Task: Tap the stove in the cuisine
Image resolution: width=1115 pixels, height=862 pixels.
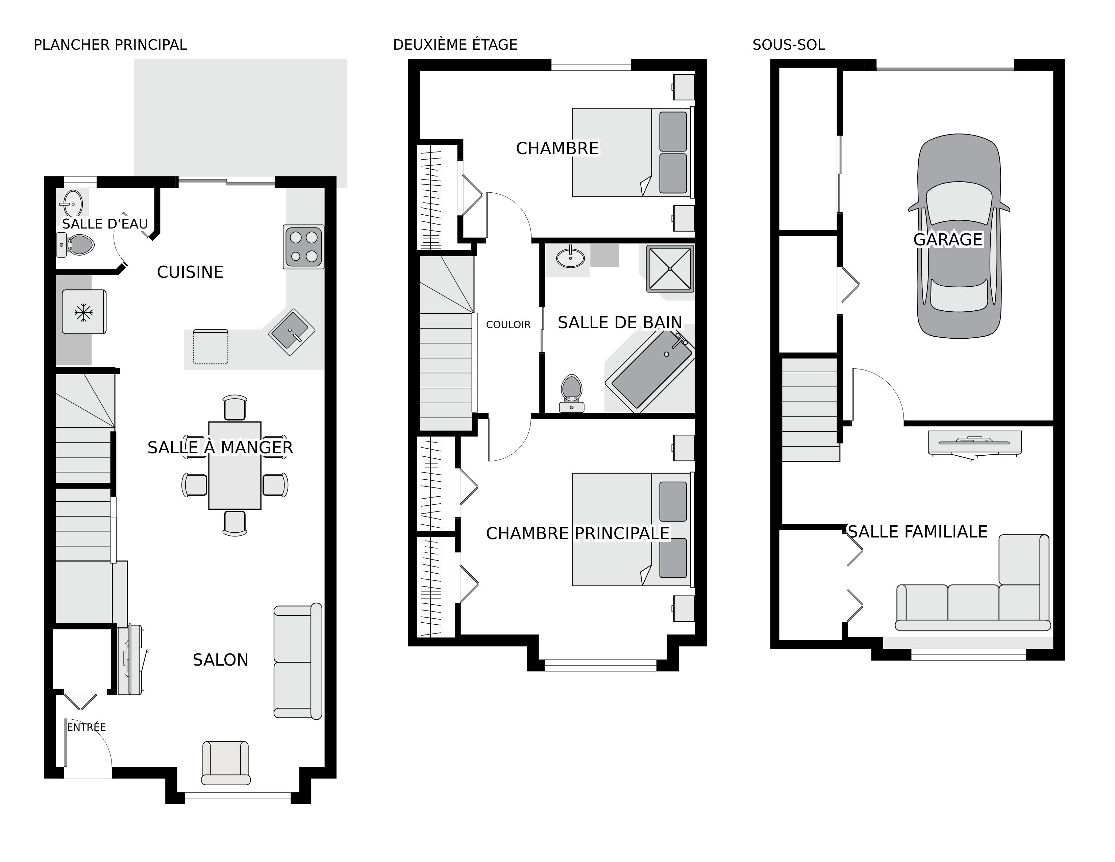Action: pyautogui.click(x=304, y=247)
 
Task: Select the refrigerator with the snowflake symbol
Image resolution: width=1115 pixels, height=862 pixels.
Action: pyautogui.click(x=84, y=312)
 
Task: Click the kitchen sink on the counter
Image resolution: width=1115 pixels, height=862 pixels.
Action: pyautogui.click(x=292, y=332)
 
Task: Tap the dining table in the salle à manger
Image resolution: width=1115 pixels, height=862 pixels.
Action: pyautogui.click(x=235, y=465)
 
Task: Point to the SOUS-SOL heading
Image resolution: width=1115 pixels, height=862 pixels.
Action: pyautogui.click(x=789, y=45)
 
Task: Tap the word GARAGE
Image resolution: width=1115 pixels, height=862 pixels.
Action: pyautogui.click(x=948, y=240)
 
